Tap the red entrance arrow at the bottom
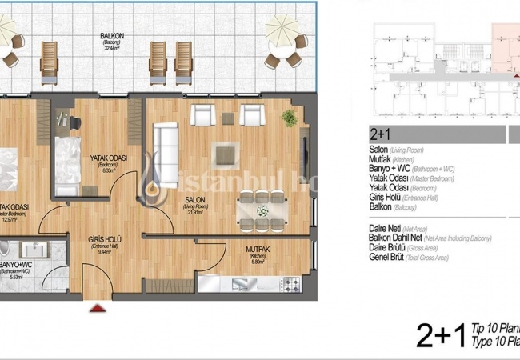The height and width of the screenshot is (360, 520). pos(98,306)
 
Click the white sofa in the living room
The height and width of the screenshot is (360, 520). pos(167,142)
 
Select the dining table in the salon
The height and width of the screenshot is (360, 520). pos(262,210)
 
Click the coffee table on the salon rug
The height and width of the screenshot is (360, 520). pos(226,152)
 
